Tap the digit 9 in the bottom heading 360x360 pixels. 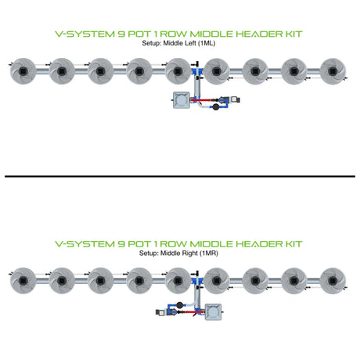tap(121, 244)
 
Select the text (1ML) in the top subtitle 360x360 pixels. tap(207, 43)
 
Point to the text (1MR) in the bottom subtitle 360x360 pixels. tap(209, 253)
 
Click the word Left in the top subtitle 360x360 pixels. tap(191, 43)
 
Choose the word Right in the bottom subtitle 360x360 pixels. tap(190, 253)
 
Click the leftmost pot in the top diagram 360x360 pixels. tap(23, 71)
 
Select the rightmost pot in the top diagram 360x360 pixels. tap(333, 71)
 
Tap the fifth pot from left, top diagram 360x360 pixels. tap(178, 71)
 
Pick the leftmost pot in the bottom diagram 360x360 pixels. tap(23, 281)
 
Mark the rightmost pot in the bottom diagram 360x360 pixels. tap(333, 281)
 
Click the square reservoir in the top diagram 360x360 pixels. tap(182, 100)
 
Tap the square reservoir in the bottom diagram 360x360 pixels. tap(213, 312)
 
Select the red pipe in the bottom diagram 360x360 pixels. tap(194, 312)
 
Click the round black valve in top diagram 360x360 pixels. tap(216, 106)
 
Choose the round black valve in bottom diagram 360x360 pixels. tap(179, 304)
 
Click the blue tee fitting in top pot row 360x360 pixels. tap(197, 71)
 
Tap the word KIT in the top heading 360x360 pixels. tap(293, 34)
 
